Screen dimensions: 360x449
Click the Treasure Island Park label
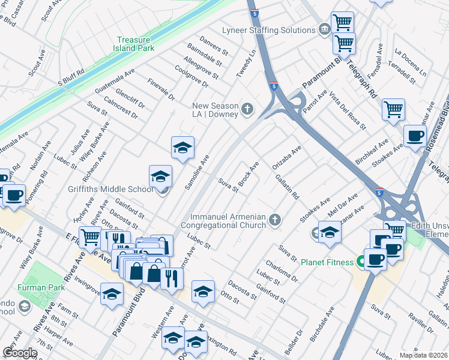[135, 44]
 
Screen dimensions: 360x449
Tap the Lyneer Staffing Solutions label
[268, 30]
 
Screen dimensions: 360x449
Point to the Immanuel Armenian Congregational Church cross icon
[276, 220]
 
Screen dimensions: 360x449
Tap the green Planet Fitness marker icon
[360, 262]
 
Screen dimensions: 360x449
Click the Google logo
[20, 353]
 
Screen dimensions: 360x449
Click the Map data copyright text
[423, 355]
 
